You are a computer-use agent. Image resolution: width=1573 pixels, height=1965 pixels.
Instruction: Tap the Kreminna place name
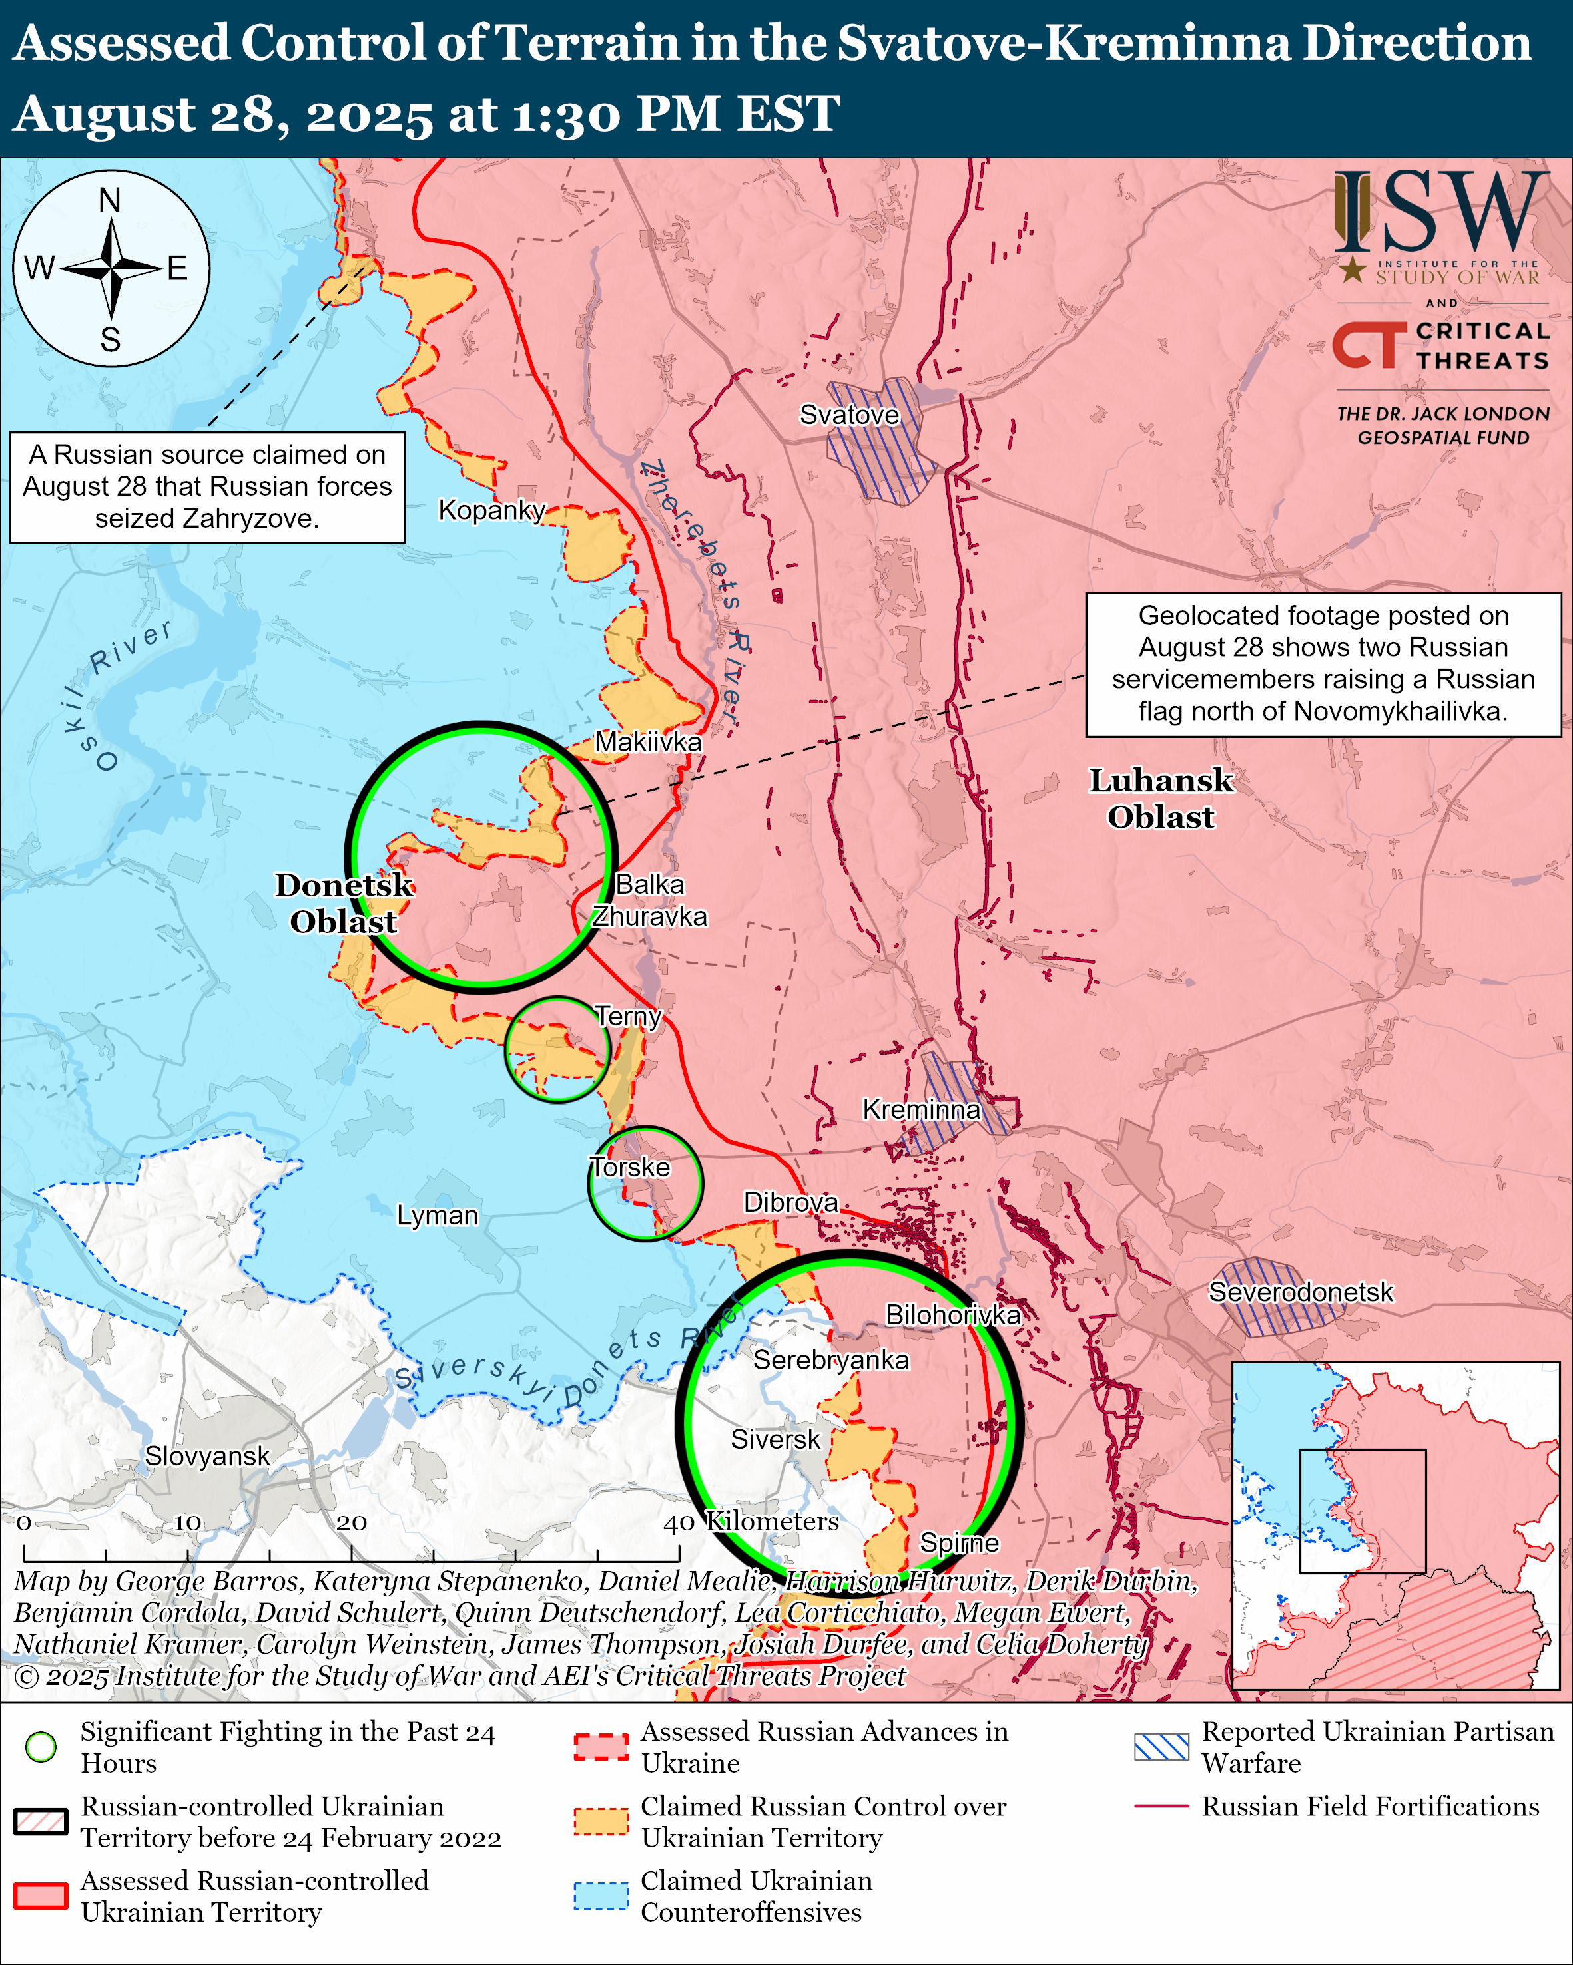tap(921, 1109)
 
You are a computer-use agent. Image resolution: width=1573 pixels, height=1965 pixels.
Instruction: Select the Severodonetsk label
tap(1301, 1292)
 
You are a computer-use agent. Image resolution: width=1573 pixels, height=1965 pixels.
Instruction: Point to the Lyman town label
tap(437, 1216)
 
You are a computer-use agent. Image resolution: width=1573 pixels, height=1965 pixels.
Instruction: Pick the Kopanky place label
tap(491, 510)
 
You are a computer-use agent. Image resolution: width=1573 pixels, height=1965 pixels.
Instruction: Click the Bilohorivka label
tap(953, 1314)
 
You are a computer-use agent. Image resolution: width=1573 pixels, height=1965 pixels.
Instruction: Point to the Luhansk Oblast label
tap(1161, 799)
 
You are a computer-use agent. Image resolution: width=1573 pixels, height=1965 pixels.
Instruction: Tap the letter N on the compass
tap(111, 200)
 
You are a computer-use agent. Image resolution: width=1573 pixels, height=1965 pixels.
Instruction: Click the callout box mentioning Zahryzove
tap(207, 486)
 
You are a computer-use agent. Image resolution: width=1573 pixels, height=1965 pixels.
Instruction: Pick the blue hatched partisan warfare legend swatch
tap(1161, 1746)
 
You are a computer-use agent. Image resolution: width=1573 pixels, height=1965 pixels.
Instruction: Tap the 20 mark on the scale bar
tap(351, 1523)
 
